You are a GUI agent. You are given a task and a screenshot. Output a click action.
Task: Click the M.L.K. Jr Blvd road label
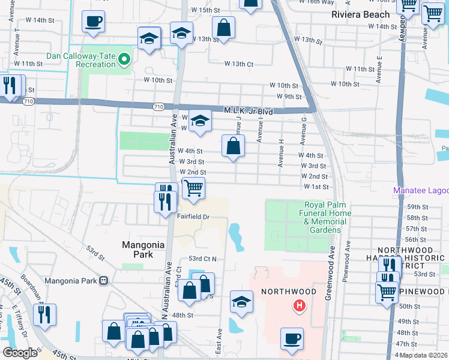(249, 111)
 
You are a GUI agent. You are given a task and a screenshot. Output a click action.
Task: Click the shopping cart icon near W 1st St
(193, 188)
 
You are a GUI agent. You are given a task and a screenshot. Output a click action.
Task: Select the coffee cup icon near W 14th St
(93, 21)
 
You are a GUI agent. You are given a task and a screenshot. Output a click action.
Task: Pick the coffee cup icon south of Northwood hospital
(292, 338)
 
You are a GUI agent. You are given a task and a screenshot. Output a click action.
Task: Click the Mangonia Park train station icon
(104, 280)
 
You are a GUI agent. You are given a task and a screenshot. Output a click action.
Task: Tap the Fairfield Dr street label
(193, 217)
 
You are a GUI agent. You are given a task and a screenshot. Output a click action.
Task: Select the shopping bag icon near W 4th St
(233, 145)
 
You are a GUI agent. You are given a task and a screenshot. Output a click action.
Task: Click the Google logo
(20, 353)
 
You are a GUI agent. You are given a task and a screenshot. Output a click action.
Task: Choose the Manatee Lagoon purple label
(421, 191)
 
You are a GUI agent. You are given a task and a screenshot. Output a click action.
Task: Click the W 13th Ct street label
(239, 64)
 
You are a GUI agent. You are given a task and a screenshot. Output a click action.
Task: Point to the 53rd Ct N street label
(202, 258)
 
